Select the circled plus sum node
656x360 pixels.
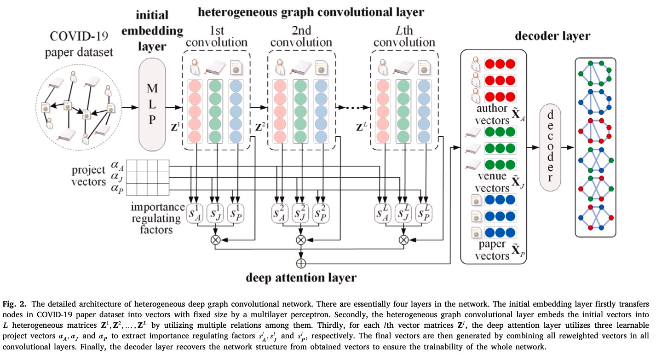[301, 263]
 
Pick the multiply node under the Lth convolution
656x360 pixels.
[403, 239]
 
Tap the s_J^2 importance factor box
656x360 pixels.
[301, 212]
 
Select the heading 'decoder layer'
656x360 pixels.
[552, 36]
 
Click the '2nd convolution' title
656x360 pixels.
[301, 36]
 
